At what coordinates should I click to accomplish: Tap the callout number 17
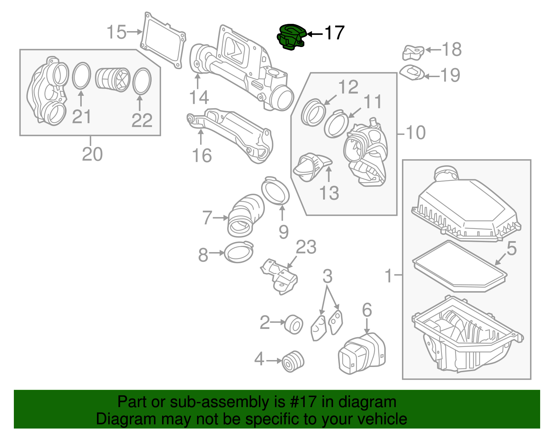(x=334, y=33)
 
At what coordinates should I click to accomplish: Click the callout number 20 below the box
(x=92, y=154)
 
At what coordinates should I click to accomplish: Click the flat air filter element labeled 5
(x=460, y=267)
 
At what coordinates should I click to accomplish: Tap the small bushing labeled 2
(x=294, y=324)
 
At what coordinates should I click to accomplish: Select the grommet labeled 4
(x=293, y=361)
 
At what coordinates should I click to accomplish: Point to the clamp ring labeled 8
(x=239, y=252)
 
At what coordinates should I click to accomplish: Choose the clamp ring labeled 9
(x=275, y=191)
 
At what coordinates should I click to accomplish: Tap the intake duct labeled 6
(x=362, y=353)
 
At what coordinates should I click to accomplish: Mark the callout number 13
(x=329, y=193)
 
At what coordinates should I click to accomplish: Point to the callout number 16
(x=202, y=156)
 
